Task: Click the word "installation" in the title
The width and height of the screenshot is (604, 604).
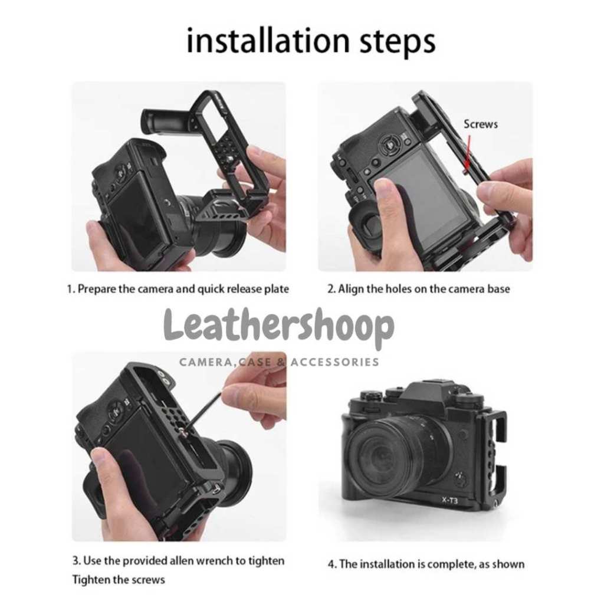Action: [267, 40]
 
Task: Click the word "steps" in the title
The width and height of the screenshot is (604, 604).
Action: [398, 42]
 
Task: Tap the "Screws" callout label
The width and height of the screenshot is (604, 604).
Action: [480, 124]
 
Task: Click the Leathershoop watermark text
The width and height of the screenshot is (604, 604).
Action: [279, 327]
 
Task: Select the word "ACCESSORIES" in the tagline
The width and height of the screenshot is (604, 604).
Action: [335, 362]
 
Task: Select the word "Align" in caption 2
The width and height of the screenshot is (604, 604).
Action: [351, 289]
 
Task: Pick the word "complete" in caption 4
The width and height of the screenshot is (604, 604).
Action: [451, 564]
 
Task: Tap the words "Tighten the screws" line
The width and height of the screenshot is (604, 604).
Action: [119, 580]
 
